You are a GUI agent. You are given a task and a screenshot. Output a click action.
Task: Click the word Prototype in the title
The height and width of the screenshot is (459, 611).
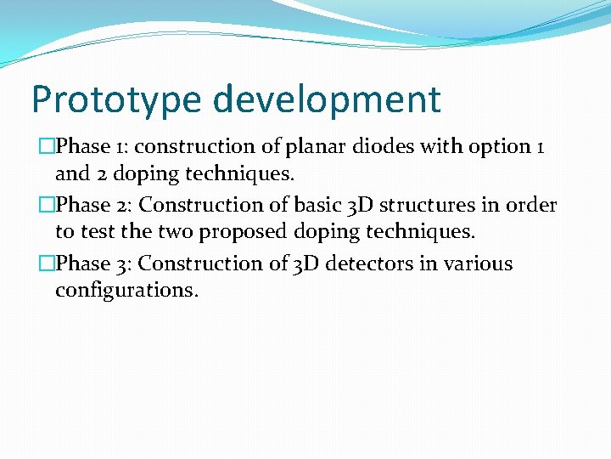click(x=116, y=100)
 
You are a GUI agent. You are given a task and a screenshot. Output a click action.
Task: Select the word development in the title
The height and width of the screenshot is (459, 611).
click(x=327, y=100)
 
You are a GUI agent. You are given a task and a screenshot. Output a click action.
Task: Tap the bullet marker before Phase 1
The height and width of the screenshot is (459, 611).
click(x=48, y=147)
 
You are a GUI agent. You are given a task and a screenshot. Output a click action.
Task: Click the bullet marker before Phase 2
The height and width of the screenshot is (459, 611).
click(x=48, y=206)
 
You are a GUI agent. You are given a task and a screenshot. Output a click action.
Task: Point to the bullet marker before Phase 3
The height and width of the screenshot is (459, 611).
click(x=48, y=264)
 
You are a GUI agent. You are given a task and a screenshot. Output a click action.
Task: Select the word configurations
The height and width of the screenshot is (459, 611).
click(x=126, y=291)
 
